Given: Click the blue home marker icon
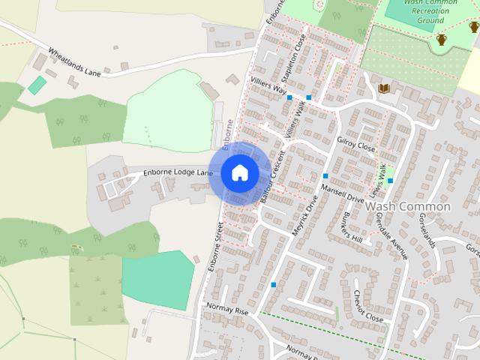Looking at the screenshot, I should coord(239,173).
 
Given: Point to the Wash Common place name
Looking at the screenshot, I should coord(408,206).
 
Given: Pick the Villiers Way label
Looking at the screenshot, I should coord(270,88).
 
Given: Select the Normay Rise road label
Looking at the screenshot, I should coord(226,309).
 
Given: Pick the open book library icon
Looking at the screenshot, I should coord(384,89).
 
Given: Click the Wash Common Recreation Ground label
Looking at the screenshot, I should coord(430,10).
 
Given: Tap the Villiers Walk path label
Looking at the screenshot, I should coord(297,118).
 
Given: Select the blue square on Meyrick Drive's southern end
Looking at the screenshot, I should coord(274,285).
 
